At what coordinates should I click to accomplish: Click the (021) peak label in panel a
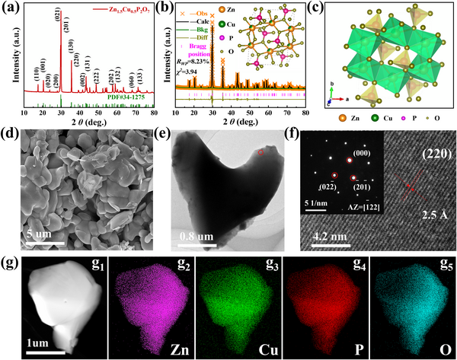(57, 13)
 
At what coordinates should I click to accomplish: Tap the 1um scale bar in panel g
(35, 352)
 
